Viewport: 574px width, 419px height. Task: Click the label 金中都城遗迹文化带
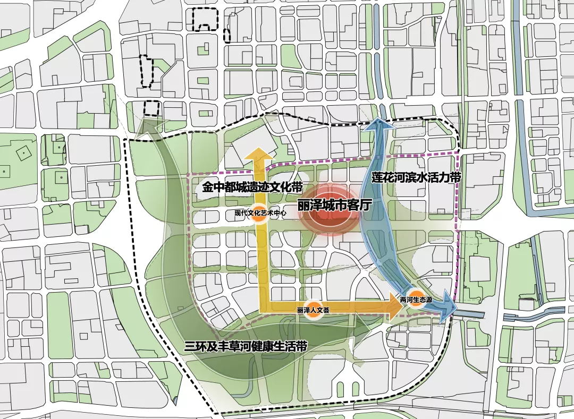[252, 188]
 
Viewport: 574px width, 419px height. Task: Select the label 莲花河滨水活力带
[416, 177]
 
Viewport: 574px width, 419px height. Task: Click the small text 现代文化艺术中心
[260, 213]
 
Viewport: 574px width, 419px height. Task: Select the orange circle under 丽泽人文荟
[314, 311]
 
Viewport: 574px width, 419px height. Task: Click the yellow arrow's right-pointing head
[395, 310]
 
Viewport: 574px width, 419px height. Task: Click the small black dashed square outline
[152, 108]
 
